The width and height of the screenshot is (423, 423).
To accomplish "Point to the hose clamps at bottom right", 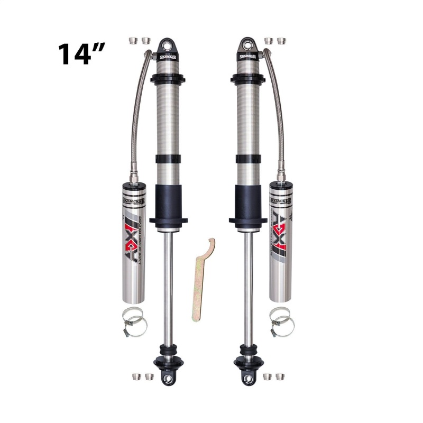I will (x=281, y=321).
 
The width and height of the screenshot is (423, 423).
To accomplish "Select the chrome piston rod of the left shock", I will (x=167, y=286).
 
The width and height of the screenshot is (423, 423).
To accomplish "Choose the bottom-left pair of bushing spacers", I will (x=140, y=376).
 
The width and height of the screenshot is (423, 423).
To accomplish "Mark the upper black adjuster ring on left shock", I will (x=167, y=79).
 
